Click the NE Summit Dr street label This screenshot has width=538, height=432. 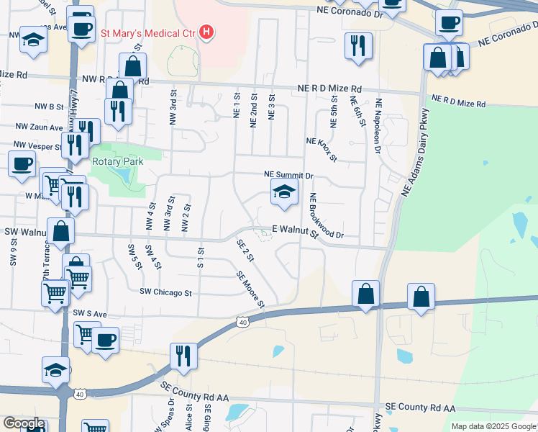(289, 175)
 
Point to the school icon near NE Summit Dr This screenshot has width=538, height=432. (284, 192)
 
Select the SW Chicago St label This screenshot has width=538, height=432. (167, 293)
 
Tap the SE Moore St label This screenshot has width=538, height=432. (252, 288)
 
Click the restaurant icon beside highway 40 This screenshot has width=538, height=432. (183, 355)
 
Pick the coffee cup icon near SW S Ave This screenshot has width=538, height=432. (106, 339)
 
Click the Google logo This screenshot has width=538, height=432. (23, 423)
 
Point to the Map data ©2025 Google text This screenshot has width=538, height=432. (493, 426)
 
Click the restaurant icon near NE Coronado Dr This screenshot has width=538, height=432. (357, 45)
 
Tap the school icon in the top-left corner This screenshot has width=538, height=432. (33, 40)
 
